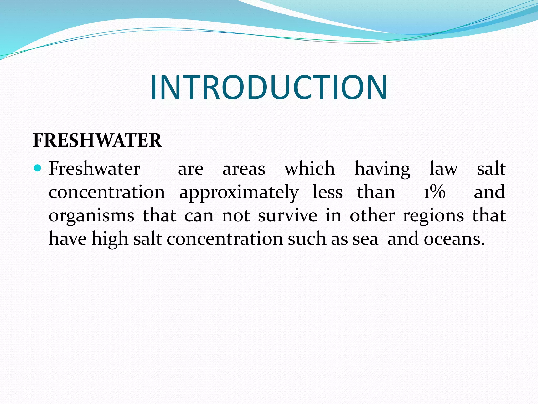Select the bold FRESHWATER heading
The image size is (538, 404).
pos(97,140)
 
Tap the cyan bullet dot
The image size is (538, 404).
pos(38,168)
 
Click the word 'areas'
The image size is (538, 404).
pos(244,169)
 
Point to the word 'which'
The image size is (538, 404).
pos(310,168)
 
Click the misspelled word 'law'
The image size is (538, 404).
pos(444,168)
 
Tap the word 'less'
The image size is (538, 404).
pos(328,192)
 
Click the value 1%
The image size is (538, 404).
pos(434,192)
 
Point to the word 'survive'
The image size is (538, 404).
pos(287,215)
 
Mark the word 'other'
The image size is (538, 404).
pos(372,215)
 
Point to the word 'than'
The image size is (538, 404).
pos(376,192)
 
